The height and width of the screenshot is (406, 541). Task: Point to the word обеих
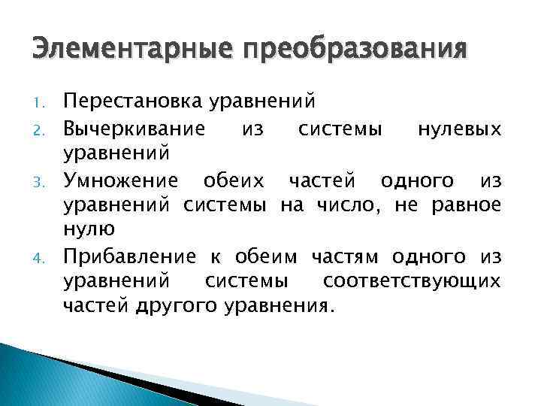pyautogui.click(x=229, y=180)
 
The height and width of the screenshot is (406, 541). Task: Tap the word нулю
pyautogui.click(x=89, y=231)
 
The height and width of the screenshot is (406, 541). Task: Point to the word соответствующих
pyautogui.click(x=412, y=282)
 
